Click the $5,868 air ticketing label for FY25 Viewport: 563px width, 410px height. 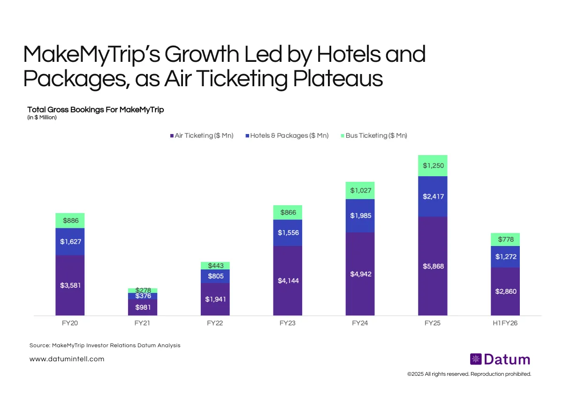(433, 266)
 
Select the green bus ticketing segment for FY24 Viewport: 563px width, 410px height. (360, 190)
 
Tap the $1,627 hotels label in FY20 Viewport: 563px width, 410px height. (70, 242)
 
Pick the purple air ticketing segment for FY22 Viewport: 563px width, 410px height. (215, 299)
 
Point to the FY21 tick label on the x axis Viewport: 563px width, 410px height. (143, 323)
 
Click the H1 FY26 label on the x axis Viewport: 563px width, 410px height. (505, 323)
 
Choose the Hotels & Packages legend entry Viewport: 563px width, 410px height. (287, 135)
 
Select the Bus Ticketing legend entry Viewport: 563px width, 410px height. (376, 135)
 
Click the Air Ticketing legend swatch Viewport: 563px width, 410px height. (172, 136)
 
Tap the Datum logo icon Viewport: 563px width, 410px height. (476, 359)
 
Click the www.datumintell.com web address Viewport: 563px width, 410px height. (67, 359)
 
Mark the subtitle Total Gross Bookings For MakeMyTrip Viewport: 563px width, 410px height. (95, 110)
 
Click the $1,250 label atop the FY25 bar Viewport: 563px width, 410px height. (433, 165)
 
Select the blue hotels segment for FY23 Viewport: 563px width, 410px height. (288, 233)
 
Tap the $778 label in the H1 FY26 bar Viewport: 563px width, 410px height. (505, 239)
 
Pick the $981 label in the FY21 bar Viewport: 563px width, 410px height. (143, 307)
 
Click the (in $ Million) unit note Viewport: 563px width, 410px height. (42, 118)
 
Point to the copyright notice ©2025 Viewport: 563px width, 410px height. (469, 374)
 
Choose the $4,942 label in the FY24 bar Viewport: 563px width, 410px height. (360, 274)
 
